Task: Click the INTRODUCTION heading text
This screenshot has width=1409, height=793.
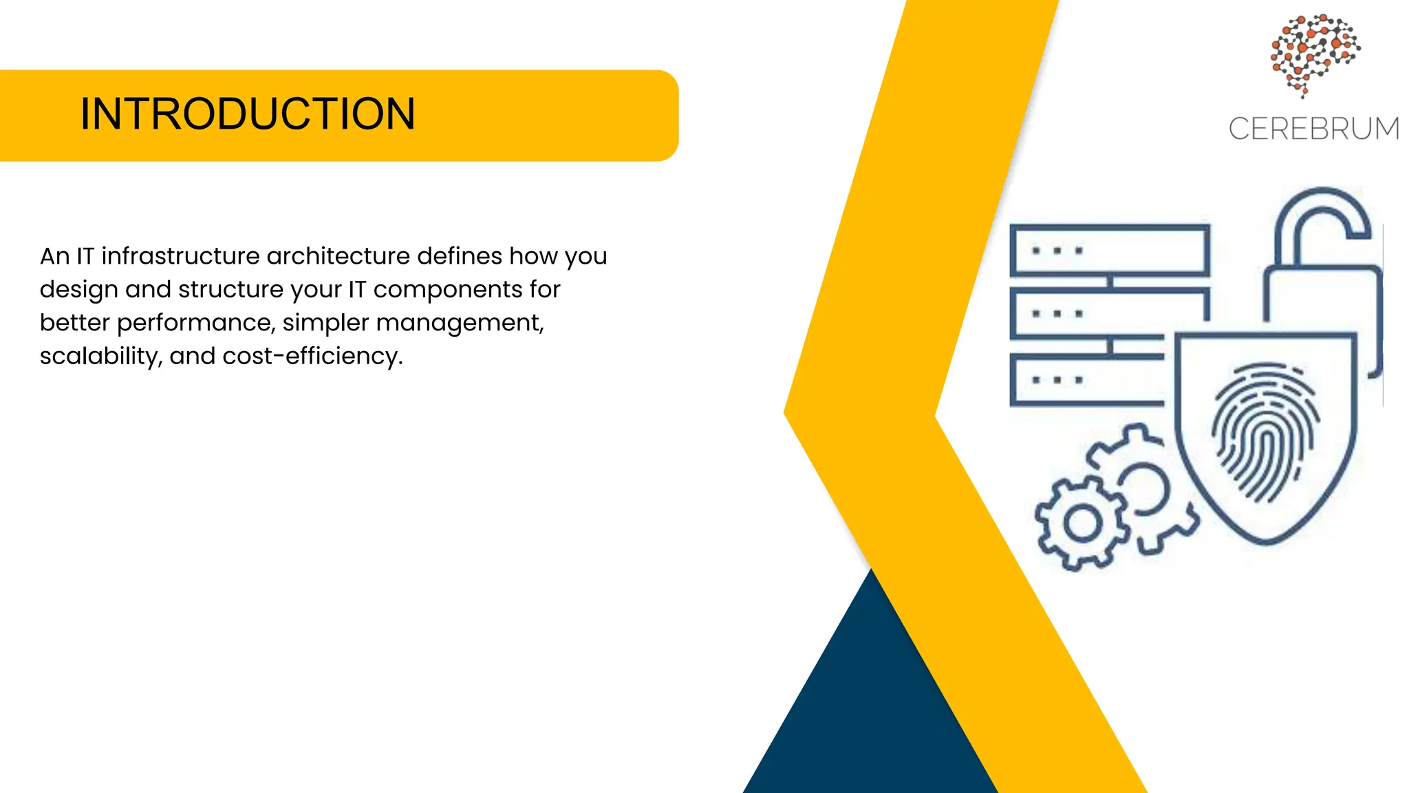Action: (248, 114)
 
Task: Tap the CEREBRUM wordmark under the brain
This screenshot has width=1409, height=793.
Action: (1313, 129)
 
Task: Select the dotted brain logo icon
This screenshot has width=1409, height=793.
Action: (1314, 54)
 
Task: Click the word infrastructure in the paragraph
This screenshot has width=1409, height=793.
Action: (180, 256)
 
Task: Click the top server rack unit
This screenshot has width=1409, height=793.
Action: (1109, 251)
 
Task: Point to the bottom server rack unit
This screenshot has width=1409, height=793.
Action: (1087, 380)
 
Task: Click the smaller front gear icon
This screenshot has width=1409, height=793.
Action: (1082, 523)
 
